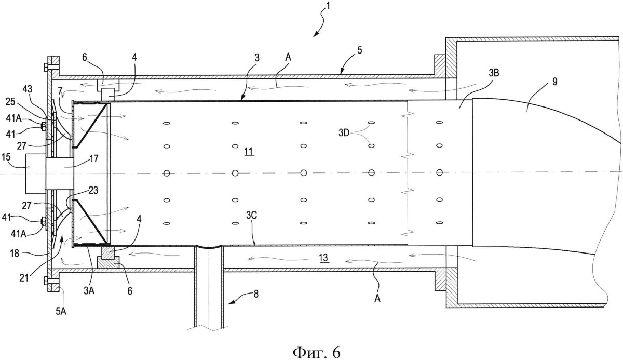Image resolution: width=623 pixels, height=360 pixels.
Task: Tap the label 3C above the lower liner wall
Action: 250,228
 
